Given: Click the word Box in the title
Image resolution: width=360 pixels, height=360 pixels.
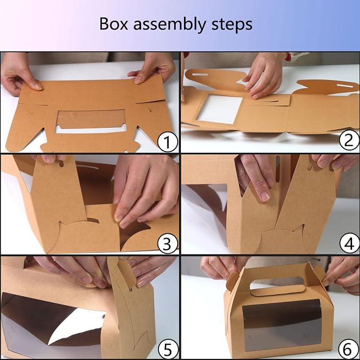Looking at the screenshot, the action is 113,24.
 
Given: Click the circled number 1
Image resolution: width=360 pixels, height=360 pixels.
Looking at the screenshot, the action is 168,142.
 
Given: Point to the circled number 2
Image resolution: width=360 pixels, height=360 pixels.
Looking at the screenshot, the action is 349,140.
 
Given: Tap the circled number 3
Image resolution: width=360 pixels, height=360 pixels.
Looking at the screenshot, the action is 168,243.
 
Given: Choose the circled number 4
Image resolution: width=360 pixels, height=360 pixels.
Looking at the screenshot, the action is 349,243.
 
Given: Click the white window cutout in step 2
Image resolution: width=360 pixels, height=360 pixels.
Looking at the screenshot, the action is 219,109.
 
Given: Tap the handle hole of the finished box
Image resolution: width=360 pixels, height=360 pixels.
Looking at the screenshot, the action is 277,283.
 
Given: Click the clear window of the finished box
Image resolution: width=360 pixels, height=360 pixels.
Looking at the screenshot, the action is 282,324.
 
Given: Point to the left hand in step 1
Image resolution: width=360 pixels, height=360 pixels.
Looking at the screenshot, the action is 19,74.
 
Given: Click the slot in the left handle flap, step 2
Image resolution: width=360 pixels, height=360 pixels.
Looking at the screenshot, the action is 200,75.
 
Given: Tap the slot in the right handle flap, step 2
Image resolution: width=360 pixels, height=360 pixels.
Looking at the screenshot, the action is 345,86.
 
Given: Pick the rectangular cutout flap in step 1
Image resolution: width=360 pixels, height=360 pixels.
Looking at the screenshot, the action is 91,119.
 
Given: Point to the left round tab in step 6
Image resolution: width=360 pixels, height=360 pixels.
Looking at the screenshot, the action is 232,281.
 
